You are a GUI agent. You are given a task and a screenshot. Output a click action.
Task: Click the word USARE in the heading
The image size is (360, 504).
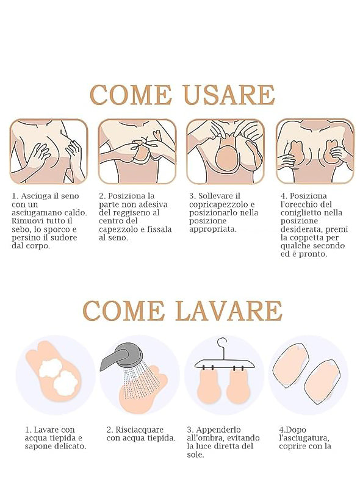[x=229, y=95]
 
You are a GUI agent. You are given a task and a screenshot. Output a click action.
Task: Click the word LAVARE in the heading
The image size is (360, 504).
[x=229, y=311]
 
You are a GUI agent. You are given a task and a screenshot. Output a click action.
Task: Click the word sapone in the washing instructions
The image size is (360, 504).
[x=38, y=447]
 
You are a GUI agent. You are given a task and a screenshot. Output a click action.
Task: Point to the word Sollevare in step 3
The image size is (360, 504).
[x=215, y=196]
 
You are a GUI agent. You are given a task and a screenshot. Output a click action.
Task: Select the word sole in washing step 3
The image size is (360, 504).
[x=195, y=455]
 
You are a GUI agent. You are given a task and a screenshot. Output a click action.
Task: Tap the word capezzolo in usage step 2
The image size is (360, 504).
[x=118, y=229]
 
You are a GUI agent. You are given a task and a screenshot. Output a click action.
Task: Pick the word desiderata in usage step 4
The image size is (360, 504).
[x=301, y=229]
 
